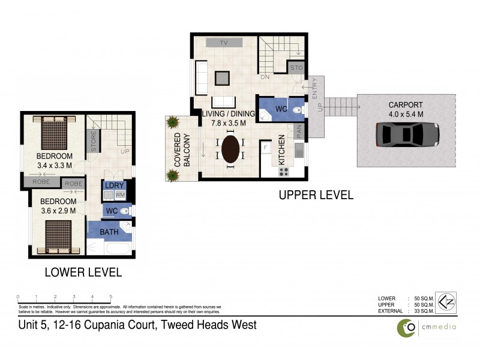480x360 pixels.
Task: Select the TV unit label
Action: tap(224, 43)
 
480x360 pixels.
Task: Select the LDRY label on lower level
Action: tap(114, 185)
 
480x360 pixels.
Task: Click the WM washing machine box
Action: tap(119, 195)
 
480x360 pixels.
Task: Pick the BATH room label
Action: tap(109, 232)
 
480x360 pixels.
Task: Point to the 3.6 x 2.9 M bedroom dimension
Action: tap(58, 210)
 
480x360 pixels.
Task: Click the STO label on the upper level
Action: tap(296, 68)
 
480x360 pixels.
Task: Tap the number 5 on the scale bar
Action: tap(111, 297)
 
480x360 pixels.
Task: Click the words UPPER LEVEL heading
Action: tap(316, 195)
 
